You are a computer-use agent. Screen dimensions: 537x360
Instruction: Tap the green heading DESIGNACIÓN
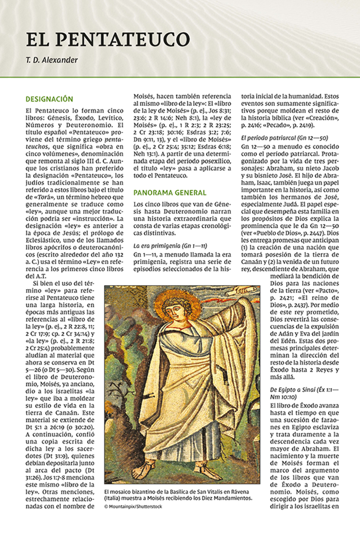[49, 98]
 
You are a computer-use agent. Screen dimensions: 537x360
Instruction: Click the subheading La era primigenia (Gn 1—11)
[170, 246]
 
